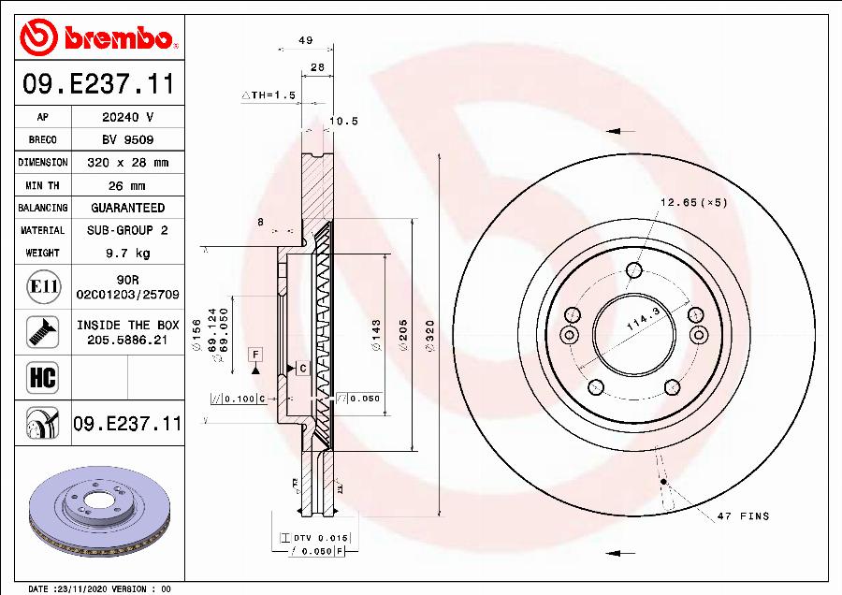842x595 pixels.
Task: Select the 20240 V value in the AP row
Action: (x=127, y=118)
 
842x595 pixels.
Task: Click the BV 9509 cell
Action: (x=127, y=140)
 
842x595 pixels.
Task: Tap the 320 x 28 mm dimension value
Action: (x=127, y=163)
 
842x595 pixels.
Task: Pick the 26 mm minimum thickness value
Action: (x=127, y=185)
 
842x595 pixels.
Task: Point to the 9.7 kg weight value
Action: (x=127, y=253)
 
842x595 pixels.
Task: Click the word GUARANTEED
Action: (x=127, y=208)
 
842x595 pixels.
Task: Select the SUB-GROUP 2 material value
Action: (x=127, y=230)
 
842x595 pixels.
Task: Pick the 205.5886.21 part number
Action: (x=127, y=341)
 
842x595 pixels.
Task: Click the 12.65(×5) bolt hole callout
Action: (x=693, y=202)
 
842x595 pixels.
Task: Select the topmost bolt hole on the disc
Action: (x=633, y=271)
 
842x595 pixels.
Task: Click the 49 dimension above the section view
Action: (x=305, y=40)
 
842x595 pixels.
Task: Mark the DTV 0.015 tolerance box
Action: (x=314, y=537)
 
